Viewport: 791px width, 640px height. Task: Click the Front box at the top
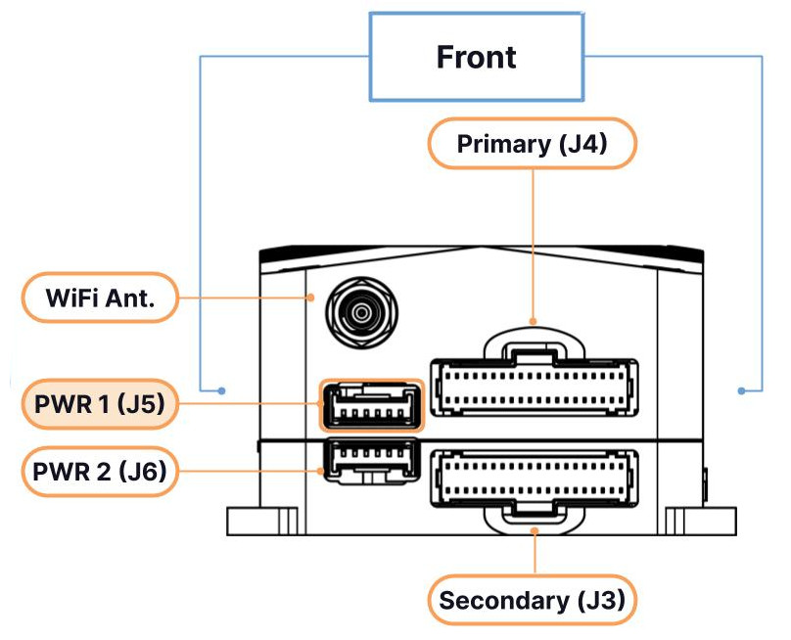[477, 57]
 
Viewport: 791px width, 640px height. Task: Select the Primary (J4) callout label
[533, 144]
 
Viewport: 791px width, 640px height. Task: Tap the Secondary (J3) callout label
[533, 600]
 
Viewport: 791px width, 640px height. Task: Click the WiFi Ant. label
[100, 297]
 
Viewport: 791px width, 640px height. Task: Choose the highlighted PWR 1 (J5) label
[100, 404]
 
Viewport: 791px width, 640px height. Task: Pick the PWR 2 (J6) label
[100, 472]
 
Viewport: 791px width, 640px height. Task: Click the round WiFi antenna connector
[361, 313]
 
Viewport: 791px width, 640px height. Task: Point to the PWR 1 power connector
[372, 406]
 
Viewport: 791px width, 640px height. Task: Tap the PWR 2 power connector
[372, 462]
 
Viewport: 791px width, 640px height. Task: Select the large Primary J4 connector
[535, 388]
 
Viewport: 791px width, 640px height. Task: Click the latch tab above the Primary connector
[535, 343]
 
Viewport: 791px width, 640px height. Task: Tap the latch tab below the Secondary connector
[535, 520]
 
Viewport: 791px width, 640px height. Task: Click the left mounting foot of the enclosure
[262, 521]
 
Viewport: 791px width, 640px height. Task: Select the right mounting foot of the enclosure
[701, 521]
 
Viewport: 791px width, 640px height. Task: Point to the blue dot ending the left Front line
[221, 390]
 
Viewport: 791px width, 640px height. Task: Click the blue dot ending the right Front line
[741, 390]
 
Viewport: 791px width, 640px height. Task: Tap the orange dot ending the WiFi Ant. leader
[311, 298]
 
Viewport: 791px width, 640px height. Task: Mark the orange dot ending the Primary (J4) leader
[534, 321]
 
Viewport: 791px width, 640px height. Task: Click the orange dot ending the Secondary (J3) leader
[535, 530]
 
